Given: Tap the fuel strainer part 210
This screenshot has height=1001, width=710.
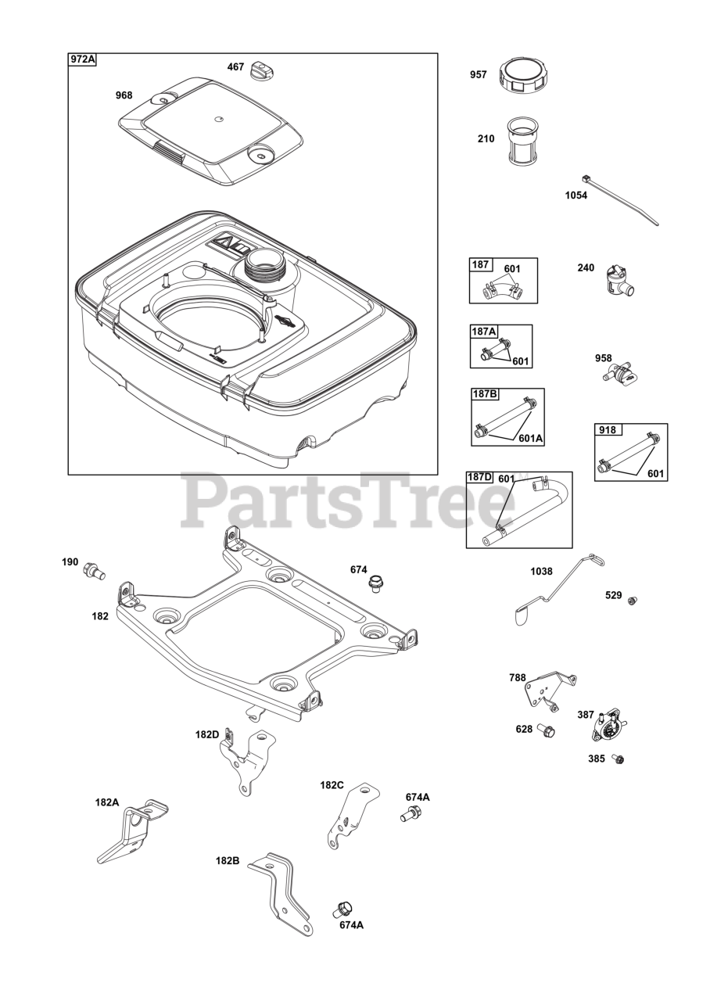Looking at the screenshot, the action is (521, 142).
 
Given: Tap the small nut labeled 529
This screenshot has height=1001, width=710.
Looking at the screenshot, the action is (633, 600).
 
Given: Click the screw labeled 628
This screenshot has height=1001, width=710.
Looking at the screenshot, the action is (547, 731).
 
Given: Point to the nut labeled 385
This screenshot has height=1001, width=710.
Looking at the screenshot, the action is (619, 759).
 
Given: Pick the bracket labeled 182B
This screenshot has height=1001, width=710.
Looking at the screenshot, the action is (281, 892).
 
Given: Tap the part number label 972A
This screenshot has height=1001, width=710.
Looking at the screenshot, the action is (83, 60).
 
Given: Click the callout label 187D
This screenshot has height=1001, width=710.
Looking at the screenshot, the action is (480, 478).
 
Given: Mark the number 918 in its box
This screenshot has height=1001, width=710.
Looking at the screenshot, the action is (608, 430).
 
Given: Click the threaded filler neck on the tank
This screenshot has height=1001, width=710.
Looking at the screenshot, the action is (266, 267).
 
